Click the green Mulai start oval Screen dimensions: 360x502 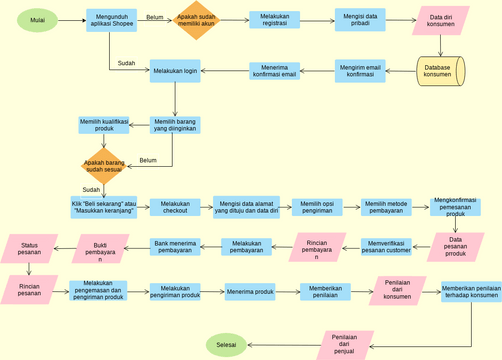point(38,20)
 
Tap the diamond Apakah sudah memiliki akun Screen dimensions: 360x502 point(195,20)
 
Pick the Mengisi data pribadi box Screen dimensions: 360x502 point(359,21)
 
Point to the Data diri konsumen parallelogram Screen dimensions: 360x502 point(441,21)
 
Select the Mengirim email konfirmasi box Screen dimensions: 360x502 point(360,70)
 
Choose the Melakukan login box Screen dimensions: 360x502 point(175,71)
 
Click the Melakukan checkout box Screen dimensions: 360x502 point(175,207)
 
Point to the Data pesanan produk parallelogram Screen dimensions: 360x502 point(456,248)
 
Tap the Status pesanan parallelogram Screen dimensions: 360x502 point(30,247)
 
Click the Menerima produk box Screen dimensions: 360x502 point(250,291)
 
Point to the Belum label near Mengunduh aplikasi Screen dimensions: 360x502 point(155,17)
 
